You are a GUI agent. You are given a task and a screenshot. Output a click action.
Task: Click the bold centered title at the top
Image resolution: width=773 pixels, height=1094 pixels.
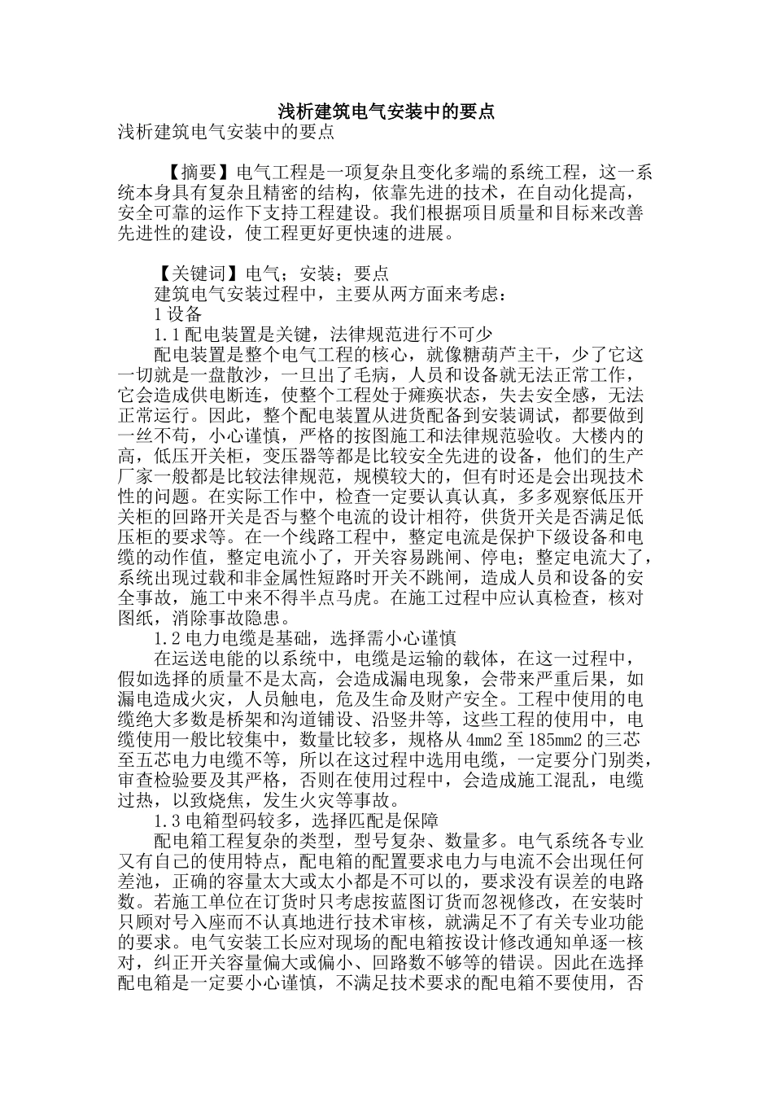point(386,112)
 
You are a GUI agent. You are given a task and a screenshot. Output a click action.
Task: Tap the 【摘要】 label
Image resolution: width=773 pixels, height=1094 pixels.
point(198,173)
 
